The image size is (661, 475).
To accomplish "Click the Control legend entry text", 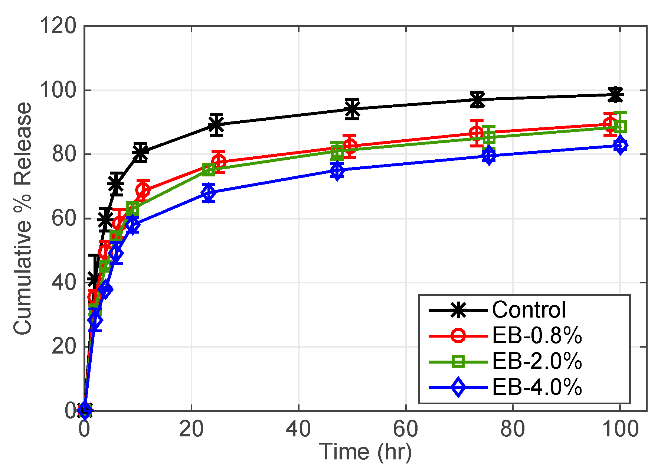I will [529, 310].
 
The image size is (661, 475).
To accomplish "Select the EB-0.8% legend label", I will [537, 336].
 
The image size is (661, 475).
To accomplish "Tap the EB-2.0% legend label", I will [537, 361].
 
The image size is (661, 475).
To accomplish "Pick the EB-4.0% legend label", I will [537, 387].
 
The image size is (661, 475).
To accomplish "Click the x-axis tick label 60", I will [406, 429].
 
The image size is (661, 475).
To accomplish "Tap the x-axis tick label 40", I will [298, 429].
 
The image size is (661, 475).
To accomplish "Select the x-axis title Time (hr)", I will [366, 452].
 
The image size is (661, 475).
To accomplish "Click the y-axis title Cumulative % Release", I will [23, 218].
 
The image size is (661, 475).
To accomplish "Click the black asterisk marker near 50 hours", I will [352, 109].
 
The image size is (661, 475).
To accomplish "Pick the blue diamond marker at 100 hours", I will [620, 145].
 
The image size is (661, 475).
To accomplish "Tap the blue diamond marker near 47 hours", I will [337, 171].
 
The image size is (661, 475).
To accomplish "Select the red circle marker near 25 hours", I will [219, 162].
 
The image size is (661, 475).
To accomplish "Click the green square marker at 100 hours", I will [621, 127].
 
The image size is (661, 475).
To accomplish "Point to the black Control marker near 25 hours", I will [216, 124].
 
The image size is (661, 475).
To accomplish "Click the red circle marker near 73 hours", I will [477, 133].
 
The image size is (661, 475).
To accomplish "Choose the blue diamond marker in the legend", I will [458, 387].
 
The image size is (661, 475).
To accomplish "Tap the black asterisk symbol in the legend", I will [458, 310].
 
